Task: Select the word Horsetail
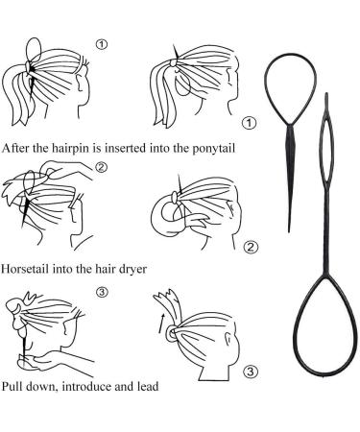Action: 25,268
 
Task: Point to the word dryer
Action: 132,270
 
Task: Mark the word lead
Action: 148,386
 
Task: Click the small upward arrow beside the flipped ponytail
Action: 162,324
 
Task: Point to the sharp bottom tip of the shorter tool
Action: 289,231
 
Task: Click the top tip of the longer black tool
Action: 326,93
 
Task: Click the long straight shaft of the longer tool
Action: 326,233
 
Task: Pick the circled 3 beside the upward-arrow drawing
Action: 251,372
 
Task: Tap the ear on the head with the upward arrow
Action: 228,339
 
